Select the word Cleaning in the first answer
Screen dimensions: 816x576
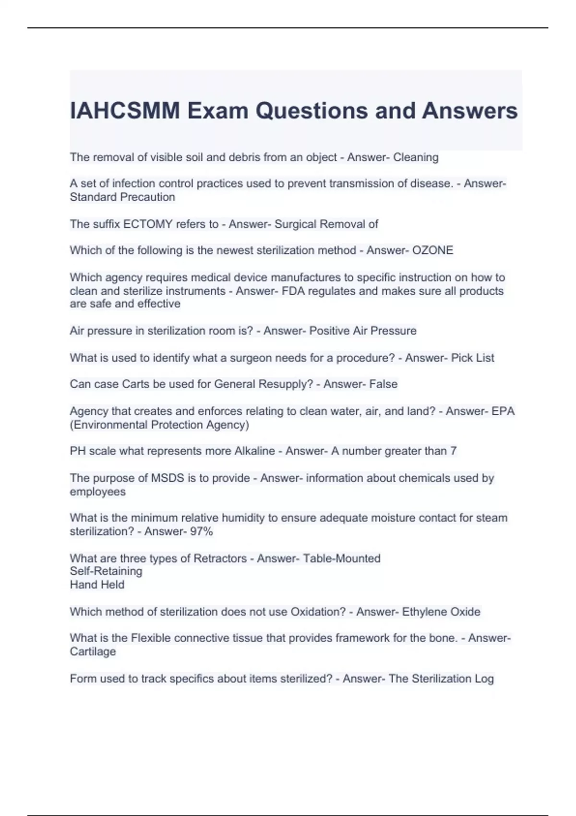(x=416, y=157)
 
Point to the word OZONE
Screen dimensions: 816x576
(x=432, y=251)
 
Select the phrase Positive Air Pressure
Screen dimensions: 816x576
(x=363, y=331)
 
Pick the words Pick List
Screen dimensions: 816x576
(x=472, y=358)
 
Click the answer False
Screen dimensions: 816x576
(x=383, y=384)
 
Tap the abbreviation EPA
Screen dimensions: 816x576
(x=503, y=411)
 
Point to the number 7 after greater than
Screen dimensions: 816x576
(x=453, y=451)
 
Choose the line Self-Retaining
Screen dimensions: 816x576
(x=106, y=571)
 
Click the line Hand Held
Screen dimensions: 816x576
(x=97, y=585)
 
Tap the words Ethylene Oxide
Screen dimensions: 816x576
(x=441, y=612)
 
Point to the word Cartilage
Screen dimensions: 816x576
(x=93, y=651)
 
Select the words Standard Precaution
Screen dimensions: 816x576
(x=122, y=197)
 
